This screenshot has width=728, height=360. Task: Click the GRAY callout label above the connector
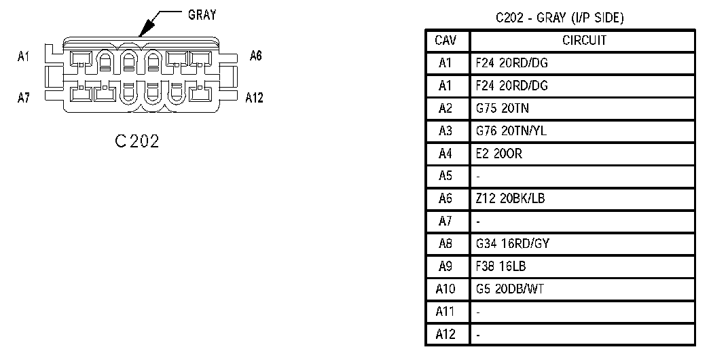tap(202, 15)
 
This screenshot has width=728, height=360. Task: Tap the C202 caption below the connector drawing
tap(136, 141)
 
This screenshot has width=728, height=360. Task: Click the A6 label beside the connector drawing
tap(255, 56)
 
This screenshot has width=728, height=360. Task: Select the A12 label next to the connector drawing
tap(254, 97)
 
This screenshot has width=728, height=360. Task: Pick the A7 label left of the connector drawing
tap(23, 97)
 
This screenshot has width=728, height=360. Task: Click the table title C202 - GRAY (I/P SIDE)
tap(560, 18)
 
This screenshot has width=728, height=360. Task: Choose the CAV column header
tap(445, 41)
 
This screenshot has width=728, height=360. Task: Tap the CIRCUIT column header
tap(584, 41)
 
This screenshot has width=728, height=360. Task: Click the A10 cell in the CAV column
tap(445, 289)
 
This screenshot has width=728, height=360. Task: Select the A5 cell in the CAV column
tap(445, 176)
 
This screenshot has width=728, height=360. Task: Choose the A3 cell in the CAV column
tap(445, 131)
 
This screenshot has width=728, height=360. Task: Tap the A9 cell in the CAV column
tap(445, 266)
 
